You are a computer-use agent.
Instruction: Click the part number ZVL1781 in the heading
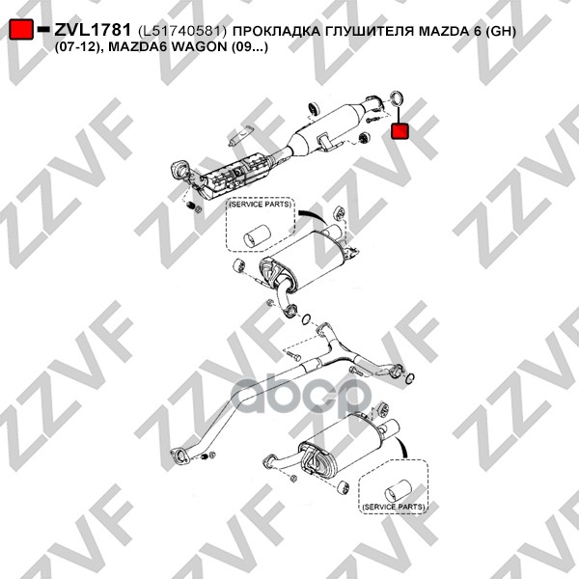[93, 30]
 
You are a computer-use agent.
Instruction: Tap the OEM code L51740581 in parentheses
[182, 32]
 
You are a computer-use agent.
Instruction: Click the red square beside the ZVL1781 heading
[21, 30]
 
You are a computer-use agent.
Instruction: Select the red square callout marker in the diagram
[400, 131]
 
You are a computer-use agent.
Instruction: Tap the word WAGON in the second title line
[200, 47]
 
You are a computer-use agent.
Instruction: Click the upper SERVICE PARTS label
[260, 205]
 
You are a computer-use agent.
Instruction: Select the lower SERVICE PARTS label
[394, 507]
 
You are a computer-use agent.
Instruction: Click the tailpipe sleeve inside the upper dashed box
[257, 234]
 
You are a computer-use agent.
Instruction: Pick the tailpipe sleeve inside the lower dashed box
[398, 491]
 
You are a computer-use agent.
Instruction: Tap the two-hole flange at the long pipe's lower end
[180, 455]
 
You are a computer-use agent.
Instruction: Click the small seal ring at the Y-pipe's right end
[410, 378]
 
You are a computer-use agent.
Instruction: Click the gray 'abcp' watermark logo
[301, 395]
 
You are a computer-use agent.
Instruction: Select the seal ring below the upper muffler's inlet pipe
[306, 319]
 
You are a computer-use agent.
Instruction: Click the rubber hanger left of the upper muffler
[239, 265]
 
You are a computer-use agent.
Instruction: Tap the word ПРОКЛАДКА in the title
[277, 32]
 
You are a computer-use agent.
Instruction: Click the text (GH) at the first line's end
[500, 32]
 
